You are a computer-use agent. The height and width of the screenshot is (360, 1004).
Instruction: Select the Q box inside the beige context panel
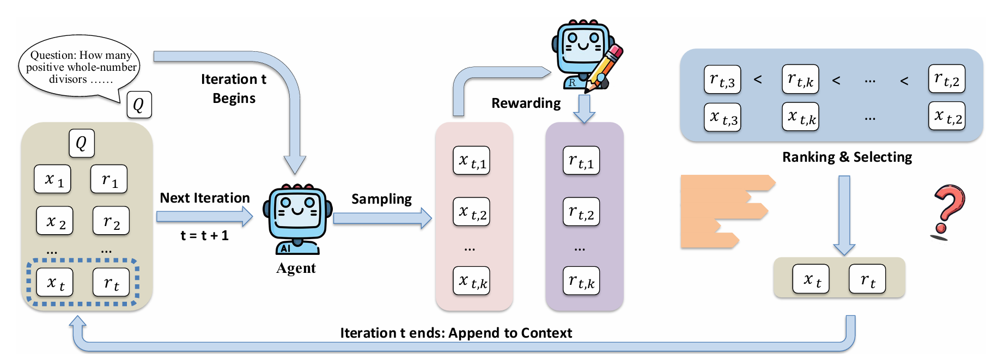tap(82, 143)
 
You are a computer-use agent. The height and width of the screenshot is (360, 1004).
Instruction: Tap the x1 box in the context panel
tap(52, 179)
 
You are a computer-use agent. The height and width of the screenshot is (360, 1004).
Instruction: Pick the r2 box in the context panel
tap(111, 221)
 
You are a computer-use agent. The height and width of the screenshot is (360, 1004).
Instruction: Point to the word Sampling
tap(381, 199)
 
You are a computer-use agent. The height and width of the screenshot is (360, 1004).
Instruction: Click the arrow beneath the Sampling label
tap(382, 218)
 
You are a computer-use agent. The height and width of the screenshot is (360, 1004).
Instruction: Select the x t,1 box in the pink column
tap(471, 161)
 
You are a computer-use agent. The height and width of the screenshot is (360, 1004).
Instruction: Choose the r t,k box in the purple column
tap(581, 281)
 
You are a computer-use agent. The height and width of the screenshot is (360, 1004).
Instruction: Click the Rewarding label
tap(526, 103)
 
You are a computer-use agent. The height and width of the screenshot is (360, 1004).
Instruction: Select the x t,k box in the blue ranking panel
tap(800, 117)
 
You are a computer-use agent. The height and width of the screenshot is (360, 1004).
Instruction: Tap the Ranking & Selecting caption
tap(847, 157)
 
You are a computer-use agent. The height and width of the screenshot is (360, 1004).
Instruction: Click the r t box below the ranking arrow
tap(867, 279)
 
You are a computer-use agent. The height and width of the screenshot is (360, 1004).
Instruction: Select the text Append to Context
tap(510, 333)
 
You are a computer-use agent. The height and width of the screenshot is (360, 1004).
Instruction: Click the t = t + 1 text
tap(204, 236)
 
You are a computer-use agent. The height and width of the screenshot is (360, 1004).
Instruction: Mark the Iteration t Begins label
tap(234, 89)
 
